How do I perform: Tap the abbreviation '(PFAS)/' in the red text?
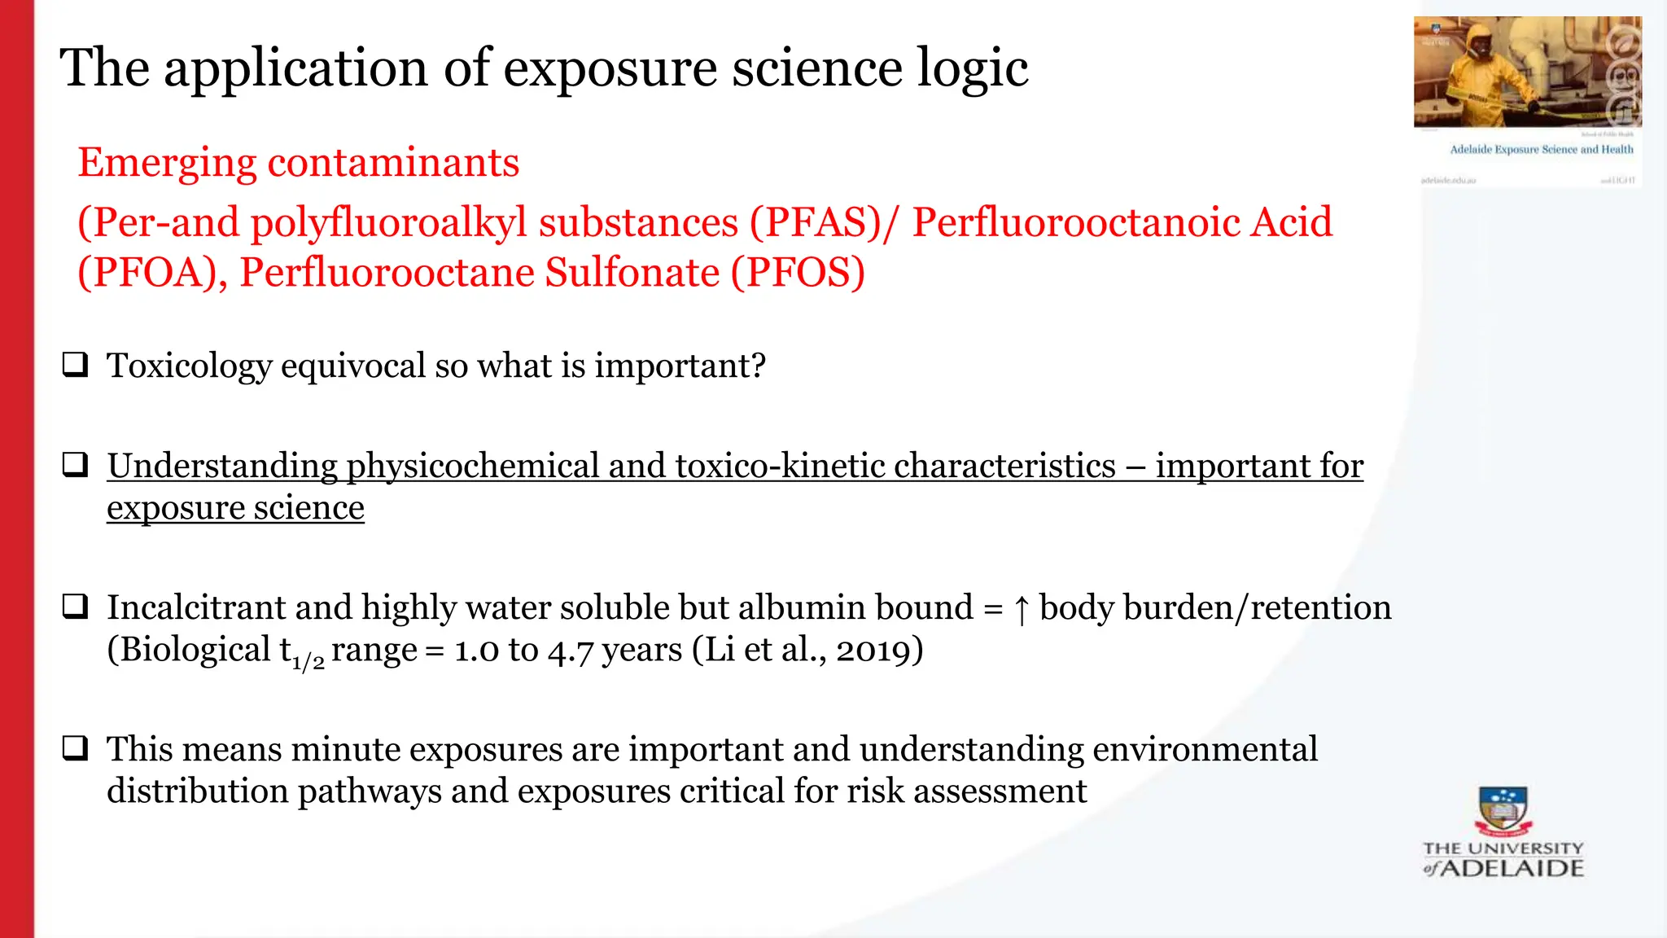[x=822, y=223]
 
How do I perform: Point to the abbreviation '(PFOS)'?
[x=797, y=273]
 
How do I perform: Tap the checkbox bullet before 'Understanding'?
[x=76, y=465]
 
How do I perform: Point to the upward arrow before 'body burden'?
[x=1022, y=609]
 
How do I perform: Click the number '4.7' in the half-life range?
[x=570, y=651]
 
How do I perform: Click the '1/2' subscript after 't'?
[x=308, y=660]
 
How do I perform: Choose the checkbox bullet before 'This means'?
[x=76, y=747]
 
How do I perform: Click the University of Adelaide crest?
[x=1503, y=811]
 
